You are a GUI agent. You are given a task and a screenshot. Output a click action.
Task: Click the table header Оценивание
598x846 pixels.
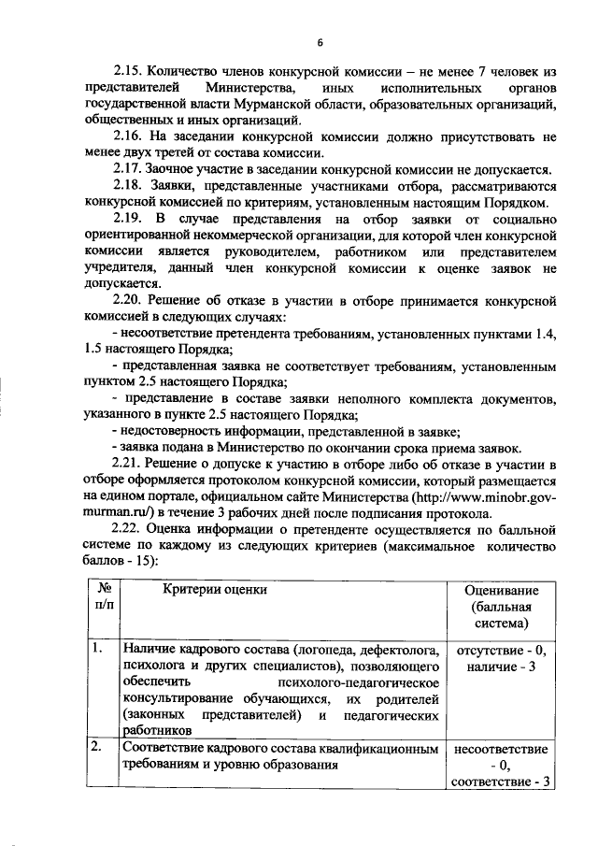[499, 590]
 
